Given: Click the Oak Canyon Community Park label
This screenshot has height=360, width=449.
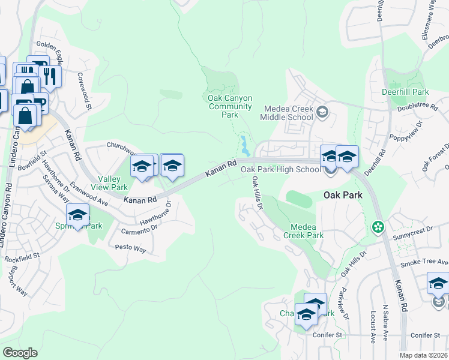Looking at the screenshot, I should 229,106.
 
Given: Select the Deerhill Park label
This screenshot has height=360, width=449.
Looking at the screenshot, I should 405,92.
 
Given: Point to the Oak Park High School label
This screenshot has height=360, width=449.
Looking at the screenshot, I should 281,170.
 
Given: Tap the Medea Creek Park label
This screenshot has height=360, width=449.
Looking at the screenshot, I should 307,231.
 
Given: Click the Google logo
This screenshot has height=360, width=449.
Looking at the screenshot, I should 20,353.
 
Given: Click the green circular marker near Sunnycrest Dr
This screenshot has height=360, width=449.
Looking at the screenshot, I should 378,227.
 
